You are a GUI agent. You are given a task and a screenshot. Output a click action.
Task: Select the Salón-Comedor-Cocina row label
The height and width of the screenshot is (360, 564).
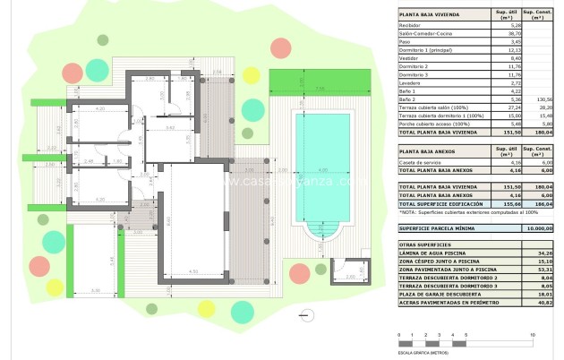[x=424, y=34]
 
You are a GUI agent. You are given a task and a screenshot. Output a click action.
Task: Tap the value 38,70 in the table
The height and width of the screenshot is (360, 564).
[x=501, y=34]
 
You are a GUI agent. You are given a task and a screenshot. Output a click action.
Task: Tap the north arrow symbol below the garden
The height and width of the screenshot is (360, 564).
[x=308, y=314]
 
